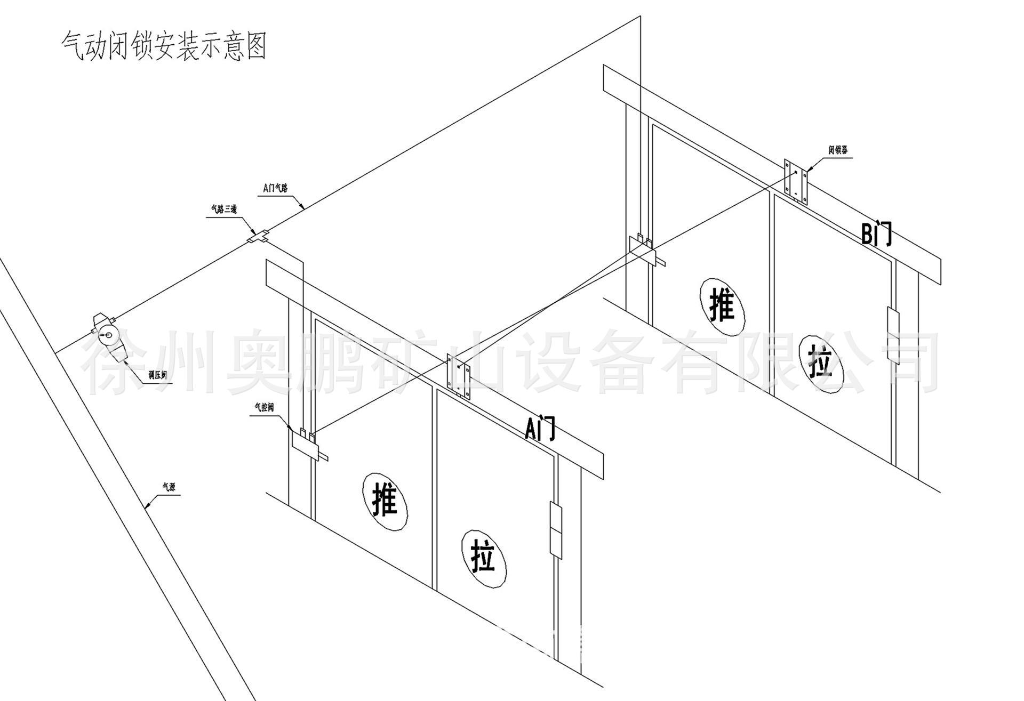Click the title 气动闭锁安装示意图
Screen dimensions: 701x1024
click(x=164, y=46)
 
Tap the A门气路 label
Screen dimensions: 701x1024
click(x=275, y=188)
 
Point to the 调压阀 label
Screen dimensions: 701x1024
click(x=158, y=376)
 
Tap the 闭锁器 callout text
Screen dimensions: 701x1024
click(x=838, y=150)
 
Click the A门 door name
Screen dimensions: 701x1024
click(x=540, y=428)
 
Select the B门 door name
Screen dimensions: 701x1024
click(x=876, y=233)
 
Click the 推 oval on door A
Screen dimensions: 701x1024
click(x=385, y=501)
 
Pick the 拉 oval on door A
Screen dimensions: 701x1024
click(x=484, y=558)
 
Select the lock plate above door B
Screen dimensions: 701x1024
click(x=795, y=182)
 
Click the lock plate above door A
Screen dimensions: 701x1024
click(x=459, y=377)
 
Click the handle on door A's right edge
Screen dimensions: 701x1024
click(x=556, y=530)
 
